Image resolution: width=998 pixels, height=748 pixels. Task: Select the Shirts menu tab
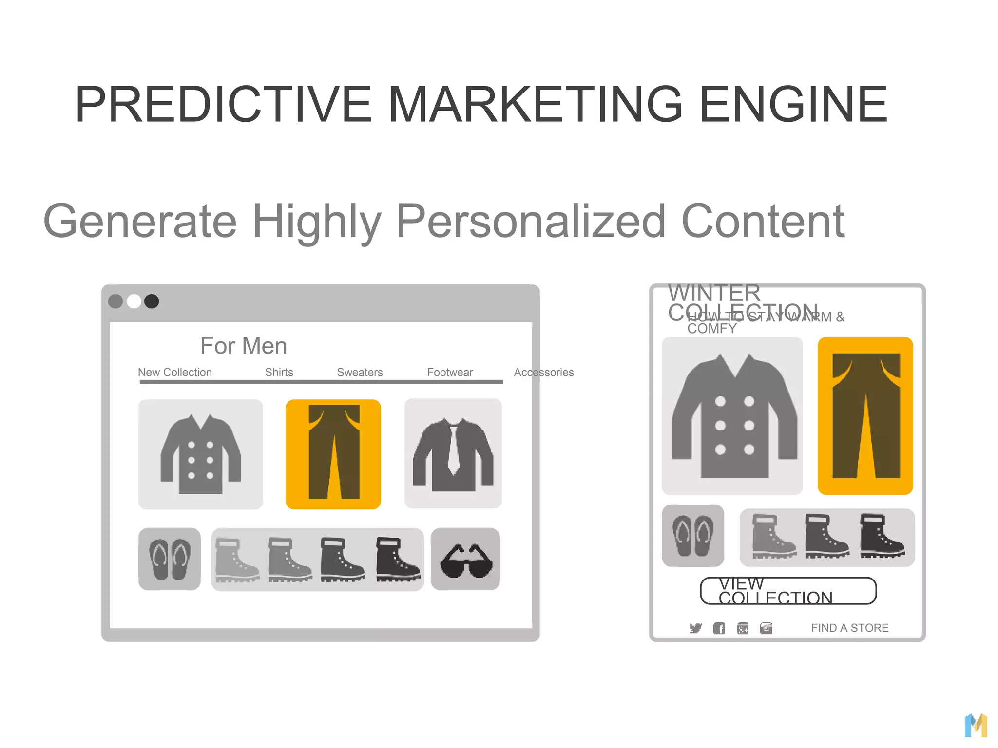279,373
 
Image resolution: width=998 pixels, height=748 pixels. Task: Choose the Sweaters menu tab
360,373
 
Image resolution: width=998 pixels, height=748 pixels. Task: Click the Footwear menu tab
450,373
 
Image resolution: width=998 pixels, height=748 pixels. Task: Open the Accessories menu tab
543,373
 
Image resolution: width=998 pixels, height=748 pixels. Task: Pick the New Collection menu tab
174,373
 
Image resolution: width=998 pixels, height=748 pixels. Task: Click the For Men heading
243,346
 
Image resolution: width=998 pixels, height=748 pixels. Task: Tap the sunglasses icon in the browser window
465,560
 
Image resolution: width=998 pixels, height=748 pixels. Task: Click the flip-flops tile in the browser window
169,559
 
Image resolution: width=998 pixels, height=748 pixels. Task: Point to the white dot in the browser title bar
134,301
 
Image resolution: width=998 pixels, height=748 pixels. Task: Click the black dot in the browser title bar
152,301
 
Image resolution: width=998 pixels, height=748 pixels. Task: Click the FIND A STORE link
849,628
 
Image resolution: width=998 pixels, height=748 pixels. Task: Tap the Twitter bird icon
695,628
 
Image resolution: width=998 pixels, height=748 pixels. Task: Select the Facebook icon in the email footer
719,628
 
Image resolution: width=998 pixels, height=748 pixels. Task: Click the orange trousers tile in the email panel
865,415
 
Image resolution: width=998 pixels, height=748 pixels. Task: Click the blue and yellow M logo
976,726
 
